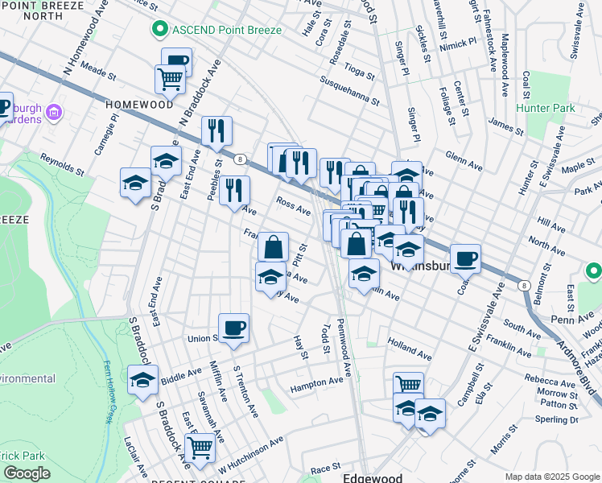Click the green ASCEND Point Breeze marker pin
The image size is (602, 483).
tap(159, 30)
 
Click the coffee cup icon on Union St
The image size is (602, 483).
tap(233, 328)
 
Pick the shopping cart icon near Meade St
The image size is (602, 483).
tap(170, 79)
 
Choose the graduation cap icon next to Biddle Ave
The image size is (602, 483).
tap(142, 379)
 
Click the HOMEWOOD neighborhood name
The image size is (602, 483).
tap(139, 105)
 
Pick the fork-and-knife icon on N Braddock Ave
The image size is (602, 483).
tap(216, 130)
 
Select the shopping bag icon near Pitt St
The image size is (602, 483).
tap(273, 246)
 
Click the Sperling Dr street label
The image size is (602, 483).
tap(556, 419)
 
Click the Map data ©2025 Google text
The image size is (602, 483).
tap(550, 477)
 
